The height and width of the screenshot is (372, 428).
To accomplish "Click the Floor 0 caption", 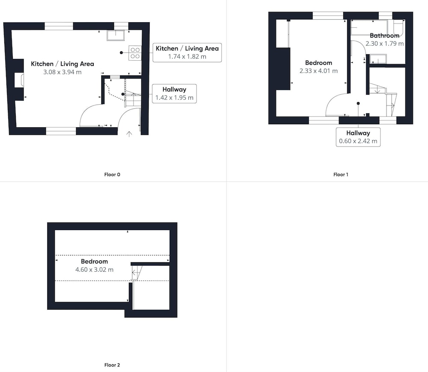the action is pos(112,175).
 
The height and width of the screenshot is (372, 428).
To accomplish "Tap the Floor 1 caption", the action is pos(341,175).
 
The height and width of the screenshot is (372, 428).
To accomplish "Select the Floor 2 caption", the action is pos(112,365).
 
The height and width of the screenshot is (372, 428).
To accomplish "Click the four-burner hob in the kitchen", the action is pos(135,53).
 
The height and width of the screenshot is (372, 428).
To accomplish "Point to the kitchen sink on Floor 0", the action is pos(116,35).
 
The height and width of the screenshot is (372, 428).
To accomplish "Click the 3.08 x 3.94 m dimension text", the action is pos(62,72).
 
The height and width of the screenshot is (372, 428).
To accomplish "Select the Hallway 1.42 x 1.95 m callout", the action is pos(174,94).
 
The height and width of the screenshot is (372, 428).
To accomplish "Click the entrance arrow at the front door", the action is pos(129,134).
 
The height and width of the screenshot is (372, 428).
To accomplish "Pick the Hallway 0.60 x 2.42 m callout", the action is pos(358,137).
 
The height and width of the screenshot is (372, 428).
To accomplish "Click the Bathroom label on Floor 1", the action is pos(385,35).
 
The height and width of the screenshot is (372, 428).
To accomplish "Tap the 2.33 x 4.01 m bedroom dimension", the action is pos(318,71).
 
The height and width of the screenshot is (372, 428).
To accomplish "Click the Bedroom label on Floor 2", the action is pos(95,261).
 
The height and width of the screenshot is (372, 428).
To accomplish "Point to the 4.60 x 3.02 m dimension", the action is pos(95,269).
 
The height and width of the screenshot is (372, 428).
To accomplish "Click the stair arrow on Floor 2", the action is pos(134,272).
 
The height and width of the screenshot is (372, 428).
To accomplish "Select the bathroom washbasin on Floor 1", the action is pos(378,59).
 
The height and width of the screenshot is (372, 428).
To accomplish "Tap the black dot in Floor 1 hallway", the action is pos(358,103).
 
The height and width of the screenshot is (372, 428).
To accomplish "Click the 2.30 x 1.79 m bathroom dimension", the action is pos(385,44).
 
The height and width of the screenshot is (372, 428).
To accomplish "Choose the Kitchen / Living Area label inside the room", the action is pos(62,64).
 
